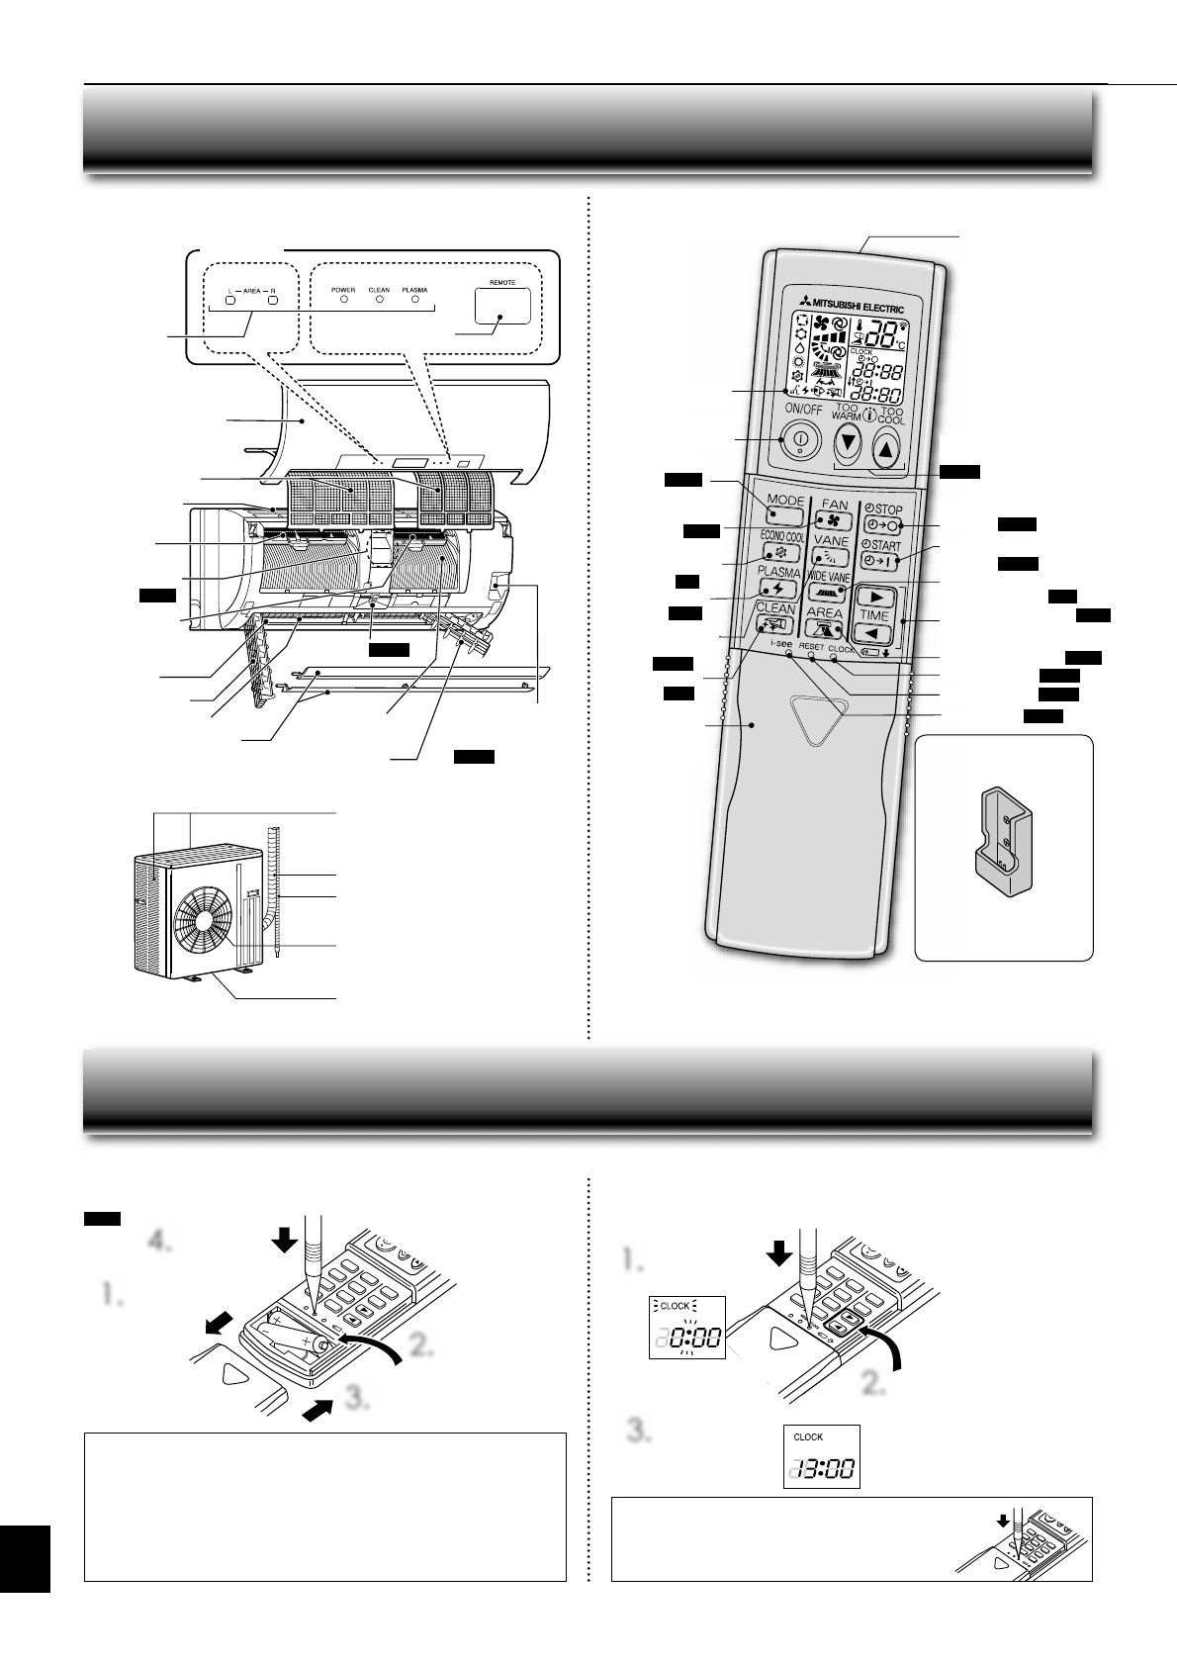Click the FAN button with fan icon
tap(834, 517)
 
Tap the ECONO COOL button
tap(781, 554)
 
